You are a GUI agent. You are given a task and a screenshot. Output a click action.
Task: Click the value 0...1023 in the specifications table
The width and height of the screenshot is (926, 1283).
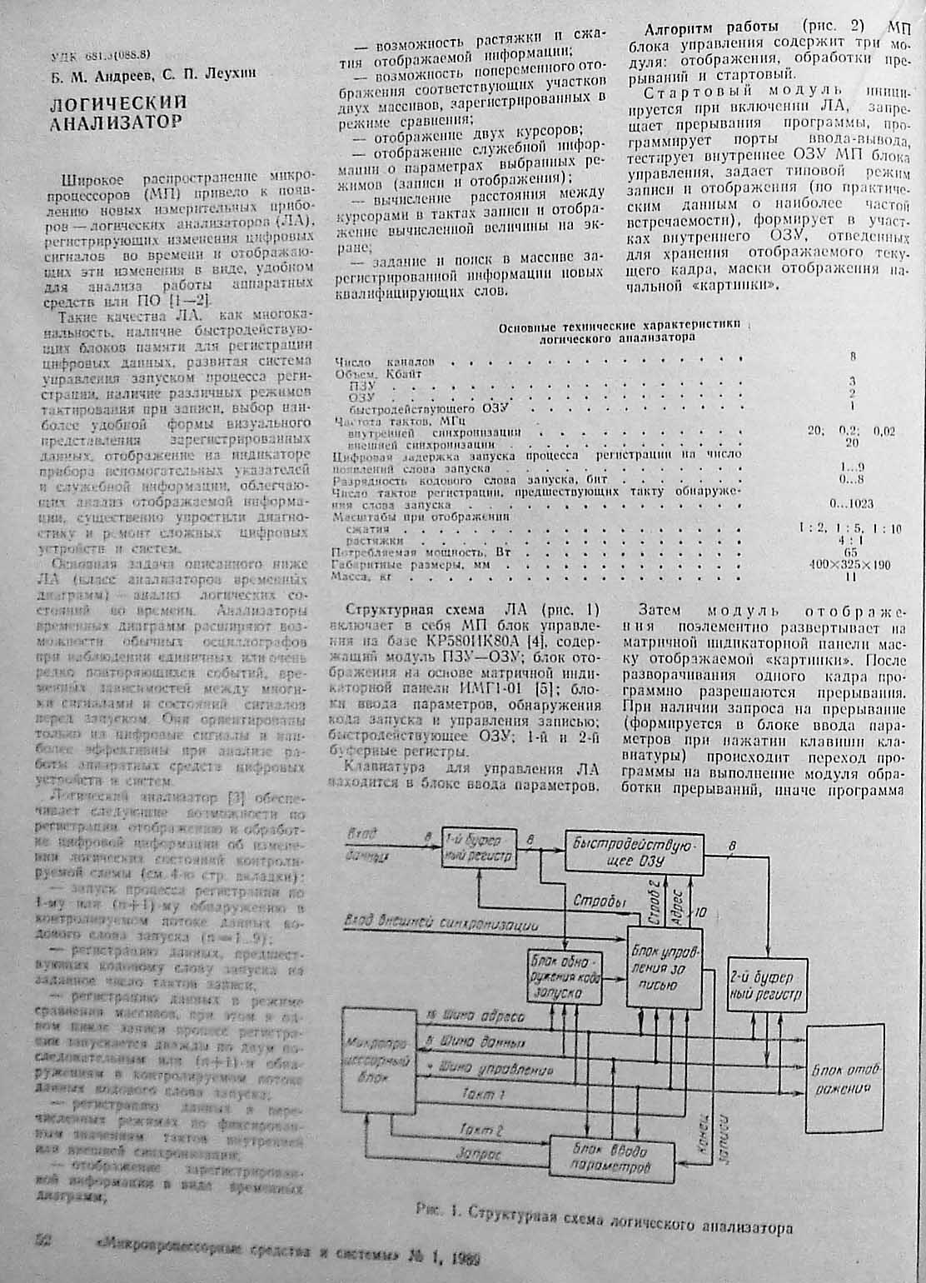coord(851,504)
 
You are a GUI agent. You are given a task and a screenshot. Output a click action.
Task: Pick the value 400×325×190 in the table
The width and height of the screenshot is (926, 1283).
coord(849,565)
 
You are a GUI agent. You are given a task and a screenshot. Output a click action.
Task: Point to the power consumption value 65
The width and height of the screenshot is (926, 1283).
coord(850,552)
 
